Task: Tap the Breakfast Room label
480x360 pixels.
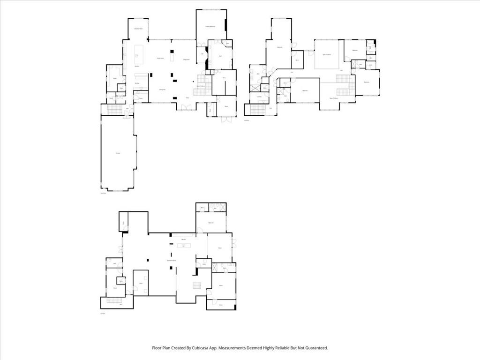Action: tap(138, 29)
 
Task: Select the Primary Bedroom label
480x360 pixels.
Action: tap(210, 27)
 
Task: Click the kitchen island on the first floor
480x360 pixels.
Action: tap(139, 54)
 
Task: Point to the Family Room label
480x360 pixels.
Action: tap(159, 58)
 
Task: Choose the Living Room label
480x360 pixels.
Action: tap(186, 60)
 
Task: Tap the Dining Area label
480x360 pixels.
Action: tap(162, 90)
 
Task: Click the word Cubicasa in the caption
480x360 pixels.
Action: tap(203, 348)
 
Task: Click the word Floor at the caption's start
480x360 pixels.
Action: tap(158, 348)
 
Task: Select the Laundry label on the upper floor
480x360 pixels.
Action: tap(259, 97)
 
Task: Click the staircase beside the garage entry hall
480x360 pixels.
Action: tap(114, 110)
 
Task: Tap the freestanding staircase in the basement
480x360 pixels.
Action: tap(197, 285)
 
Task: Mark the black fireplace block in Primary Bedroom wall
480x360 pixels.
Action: tap(225, 24)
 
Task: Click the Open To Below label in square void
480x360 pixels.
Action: tap(326, 55)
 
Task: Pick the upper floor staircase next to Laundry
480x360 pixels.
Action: tap(257, 110)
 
